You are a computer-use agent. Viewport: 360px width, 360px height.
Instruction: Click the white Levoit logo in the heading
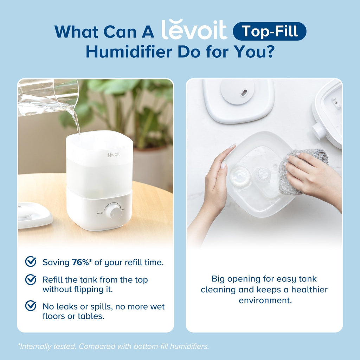(194, 30)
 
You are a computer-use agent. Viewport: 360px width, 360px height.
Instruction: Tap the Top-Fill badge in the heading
(270, 32)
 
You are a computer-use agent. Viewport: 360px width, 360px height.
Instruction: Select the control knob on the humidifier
(113, 211)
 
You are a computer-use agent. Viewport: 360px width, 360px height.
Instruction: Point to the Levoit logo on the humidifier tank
(114, 154)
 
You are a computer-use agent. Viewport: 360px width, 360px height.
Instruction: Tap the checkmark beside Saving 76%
(31, 262)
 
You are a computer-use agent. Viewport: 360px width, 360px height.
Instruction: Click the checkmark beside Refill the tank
(31, 280)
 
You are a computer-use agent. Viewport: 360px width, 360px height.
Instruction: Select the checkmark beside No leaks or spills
(31, 306)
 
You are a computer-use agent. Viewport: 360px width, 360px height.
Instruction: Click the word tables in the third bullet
(92, 316)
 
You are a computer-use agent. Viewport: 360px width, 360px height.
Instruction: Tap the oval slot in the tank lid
(244, 93)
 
